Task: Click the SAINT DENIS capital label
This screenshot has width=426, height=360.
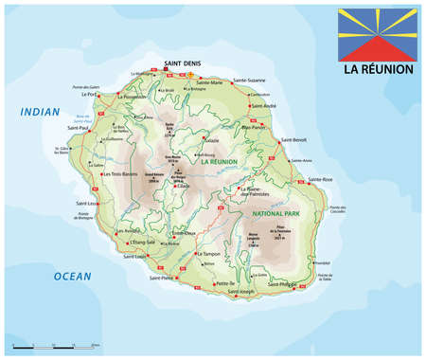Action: (179, 63)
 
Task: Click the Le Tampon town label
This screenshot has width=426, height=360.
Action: (211, 254)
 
